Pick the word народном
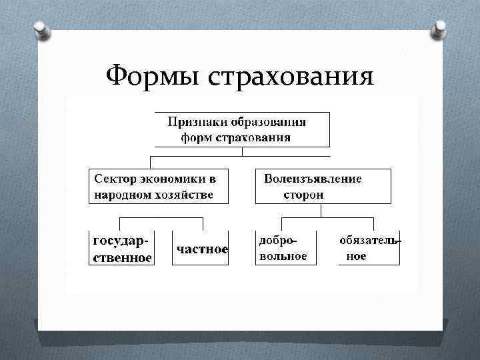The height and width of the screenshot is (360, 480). (x=121, y=195)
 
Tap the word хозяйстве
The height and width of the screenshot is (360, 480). (x=184, y=195)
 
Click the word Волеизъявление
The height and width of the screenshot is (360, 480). (x=313, y=179)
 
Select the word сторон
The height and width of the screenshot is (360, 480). (x=303, y=195)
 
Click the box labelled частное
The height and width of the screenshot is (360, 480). (x=201, y=249)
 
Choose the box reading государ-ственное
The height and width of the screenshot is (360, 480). (x=122, y=249)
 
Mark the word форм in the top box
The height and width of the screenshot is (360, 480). (x=196, y=138)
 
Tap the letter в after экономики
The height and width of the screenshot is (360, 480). (x=213, y=179)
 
